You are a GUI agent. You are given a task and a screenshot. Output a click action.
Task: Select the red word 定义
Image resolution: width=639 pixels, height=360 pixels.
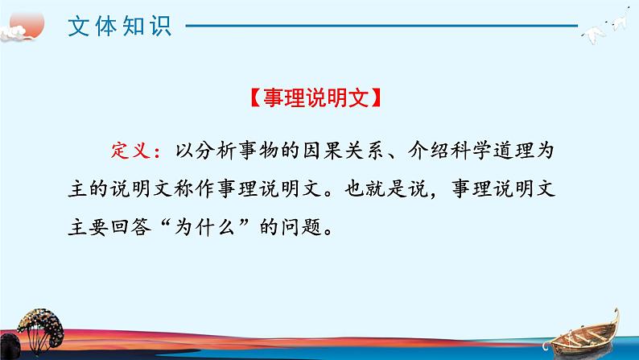[x=128, y=151]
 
